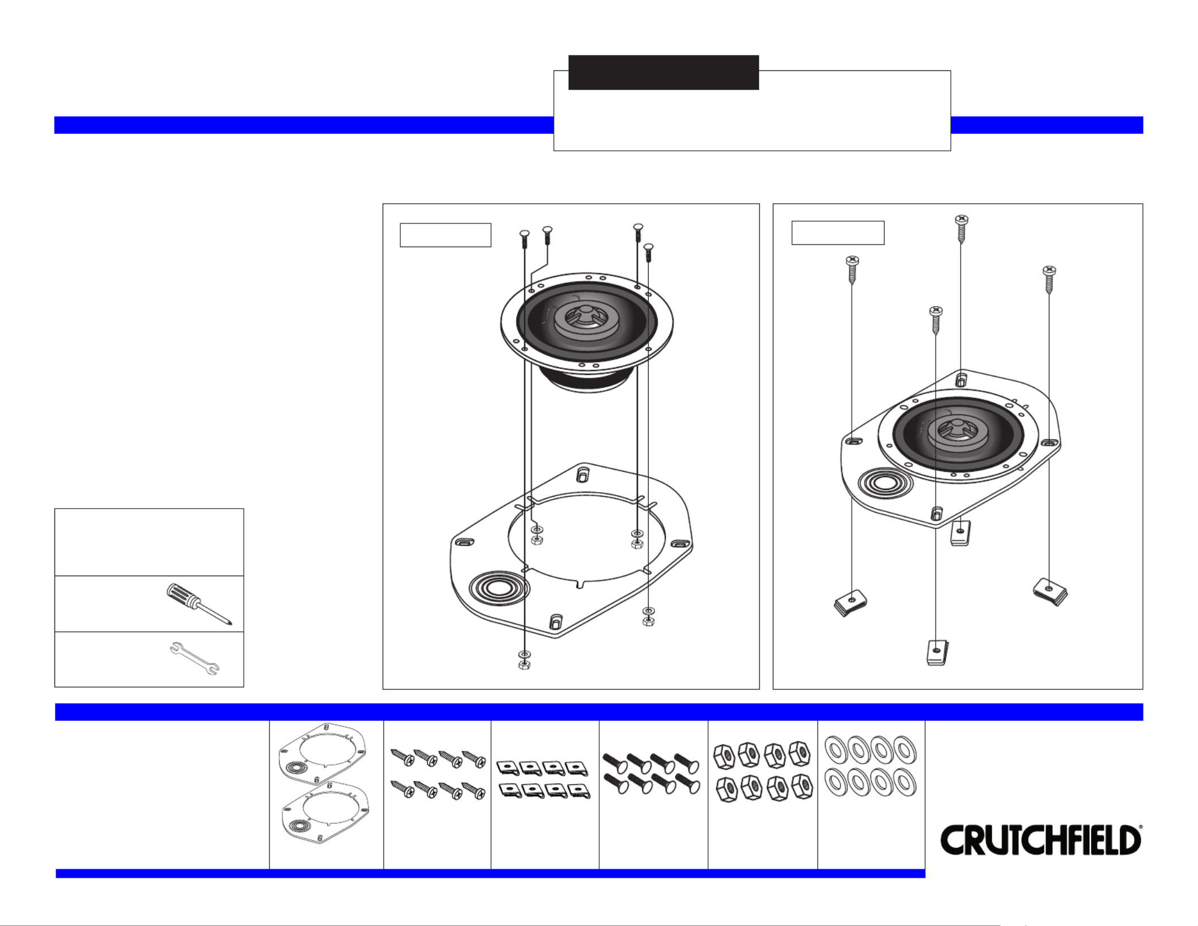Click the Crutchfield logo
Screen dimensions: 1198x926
coord(1041,840)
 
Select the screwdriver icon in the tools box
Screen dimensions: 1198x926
coord(198,604)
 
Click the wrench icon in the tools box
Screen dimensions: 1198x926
coord(194,658)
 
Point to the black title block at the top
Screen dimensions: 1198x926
coord(663,72)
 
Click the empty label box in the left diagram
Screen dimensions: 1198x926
coord(446,235)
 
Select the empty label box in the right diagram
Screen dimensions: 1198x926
coord(838,232)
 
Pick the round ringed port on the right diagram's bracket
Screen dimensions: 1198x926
coord(885,484)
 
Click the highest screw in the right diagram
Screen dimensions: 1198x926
coord(962,229)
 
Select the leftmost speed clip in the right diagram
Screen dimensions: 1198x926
coord(850,603)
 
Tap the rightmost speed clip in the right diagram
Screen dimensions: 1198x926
coord(1050,591)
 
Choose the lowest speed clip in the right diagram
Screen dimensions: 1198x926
coord(937,652)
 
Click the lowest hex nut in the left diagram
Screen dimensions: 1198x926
coord(524,665)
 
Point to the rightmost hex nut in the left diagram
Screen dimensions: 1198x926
coord(649,621)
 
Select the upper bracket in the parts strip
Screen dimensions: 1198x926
coord(322,752)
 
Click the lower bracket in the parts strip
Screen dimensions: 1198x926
coord(325,812)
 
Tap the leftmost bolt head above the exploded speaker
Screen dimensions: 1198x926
coord(524,233)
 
